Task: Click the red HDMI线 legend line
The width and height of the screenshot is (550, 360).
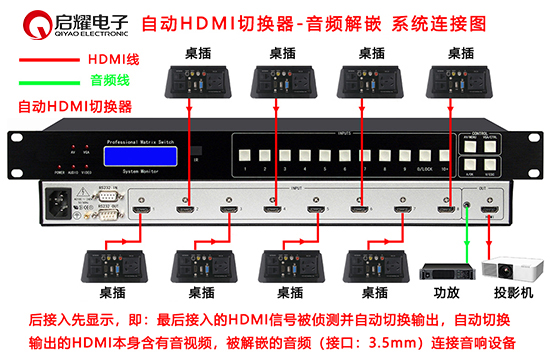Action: pos(45,61)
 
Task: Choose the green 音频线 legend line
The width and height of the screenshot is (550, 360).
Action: pos(45,84)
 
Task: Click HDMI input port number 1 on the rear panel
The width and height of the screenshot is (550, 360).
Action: pos(142,211)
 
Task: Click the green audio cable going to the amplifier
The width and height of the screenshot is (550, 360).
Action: pos(464,240)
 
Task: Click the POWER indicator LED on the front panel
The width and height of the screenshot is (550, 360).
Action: pos(63,165)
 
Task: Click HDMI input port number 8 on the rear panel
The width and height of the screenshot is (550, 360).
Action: pos(444,211)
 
